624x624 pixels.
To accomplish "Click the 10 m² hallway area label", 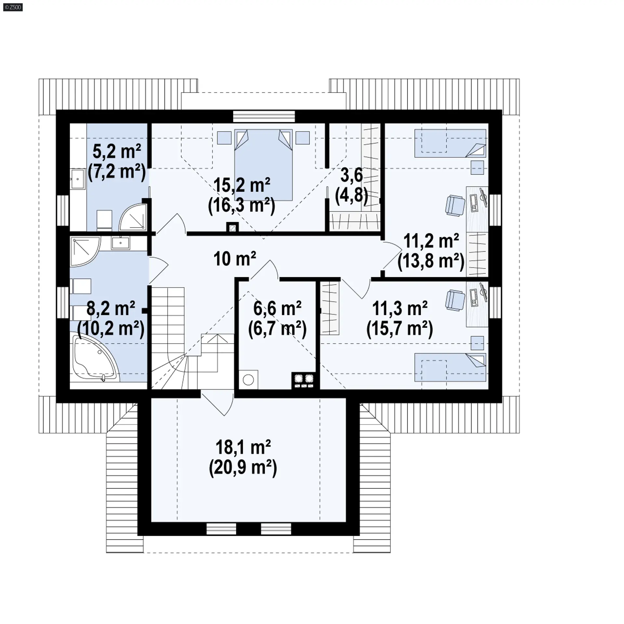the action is pos(235,259).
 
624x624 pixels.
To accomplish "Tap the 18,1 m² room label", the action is pos(243,448).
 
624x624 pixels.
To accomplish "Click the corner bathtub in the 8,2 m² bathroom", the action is pos(95,357).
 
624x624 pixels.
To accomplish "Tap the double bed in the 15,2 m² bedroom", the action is pos(263,165).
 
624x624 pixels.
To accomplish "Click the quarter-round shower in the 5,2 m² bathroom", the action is pos(133,216).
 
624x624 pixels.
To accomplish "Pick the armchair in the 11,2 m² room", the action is pos(455,205).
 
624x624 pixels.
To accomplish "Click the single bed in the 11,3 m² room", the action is pos(450,367).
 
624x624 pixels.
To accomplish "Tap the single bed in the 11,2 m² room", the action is pos(450,143).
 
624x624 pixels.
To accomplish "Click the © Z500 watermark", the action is pos(13,7).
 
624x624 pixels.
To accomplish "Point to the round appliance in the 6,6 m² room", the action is pos(248,380).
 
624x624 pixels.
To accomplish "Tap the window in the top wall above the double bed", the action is pos(264,116).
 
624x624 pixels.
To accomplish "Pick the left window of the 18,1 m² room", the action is pos(221,529).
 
